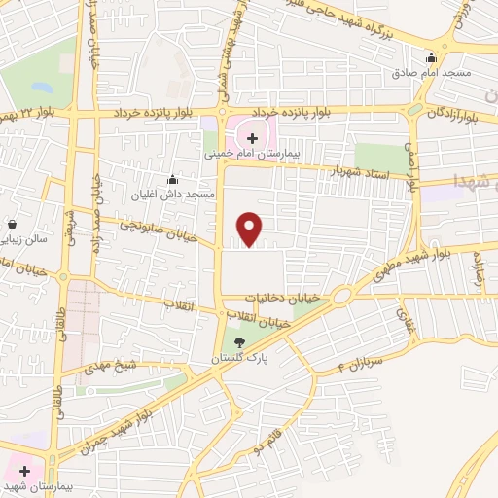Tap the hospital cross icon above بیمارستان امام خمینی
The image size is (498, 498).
pos(253,138)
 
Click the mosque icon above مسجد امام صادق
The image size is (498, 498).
pos(431,57)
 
